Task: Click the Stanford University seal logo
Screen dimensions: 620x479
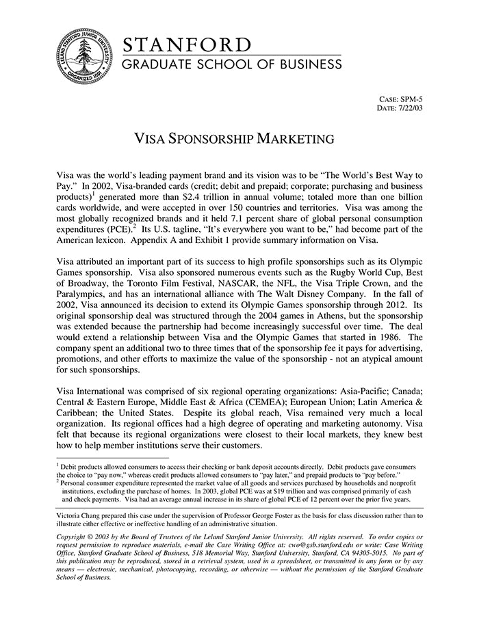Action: (x=83, y=55)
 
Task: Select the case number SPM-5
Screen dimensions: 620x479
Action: (x=410, y=99)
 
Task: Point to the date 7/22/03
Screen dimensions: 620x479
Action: (x=410, y=108)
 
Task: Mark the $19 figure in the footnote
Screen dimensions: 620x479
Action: (x=288, y=491)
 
